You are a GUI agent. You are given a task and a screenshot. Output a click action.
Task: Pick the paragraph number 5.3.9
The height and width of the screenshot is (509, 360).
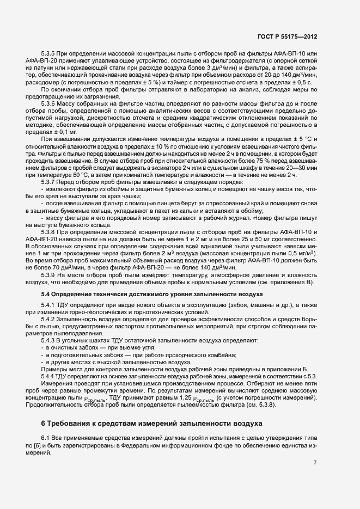click(50, 275)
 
